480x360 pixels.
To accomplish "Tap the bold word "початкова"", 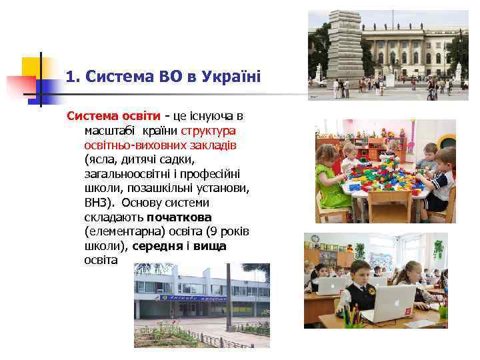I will click(179, 217).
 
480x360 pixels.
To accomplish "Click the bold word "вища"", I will click(211, 246).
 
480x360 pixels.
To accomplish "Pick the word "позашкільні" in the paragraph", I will click(153, 188).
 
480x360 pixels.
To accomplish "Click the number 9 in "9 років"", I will click(211, 231).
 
